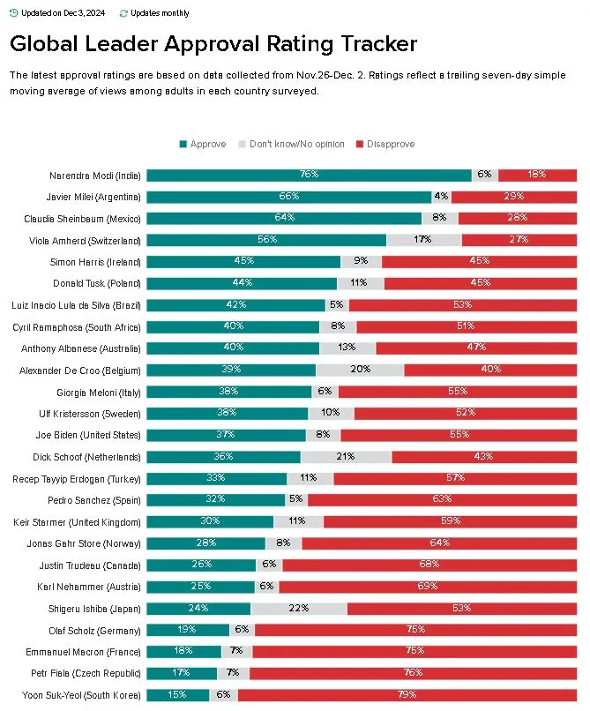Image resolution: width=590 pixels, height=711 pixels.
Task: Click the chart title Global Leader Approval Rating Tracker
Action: [213, 44]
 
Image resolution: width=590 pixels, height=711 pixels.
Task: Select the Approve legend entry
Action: [208, 144]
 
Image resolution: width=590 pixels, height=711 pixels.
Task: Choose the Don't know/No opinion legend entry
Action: [295, 144]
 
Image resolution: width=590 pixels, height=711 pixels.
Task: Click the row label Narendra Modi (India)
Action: [95, 176]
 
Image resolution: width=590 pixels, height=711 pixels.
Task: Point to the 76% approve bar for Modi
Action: [309, 176]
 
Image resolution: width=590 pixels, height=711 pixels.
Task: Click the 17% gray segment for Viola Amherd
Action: [424, 240]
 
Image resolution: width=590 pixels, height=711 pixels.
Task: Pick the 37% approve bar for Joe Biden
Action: [227, 436]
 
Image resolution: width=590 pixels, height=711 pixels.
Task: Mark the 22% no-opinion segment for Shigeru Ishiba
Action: [299, 609]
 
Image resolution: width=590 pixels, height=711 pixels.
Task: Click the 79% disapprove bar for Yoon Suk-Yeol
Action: [408, 695]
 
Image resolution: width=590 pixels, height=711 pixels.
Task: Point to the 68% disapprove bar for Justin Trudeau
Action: [429, 565]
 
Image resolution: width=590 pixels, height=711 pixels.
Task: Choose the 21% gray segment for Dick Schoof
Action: [346, 457]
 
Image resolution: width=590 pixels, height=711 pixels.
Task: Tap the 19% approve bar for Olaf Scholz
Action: [188, 630]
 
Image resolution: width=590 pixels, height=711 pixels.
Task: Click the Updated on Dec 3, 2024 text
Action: [60, 13]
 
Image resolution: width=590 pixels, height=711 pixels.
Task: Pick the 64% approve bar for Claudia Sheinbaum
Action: [284, 219]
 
